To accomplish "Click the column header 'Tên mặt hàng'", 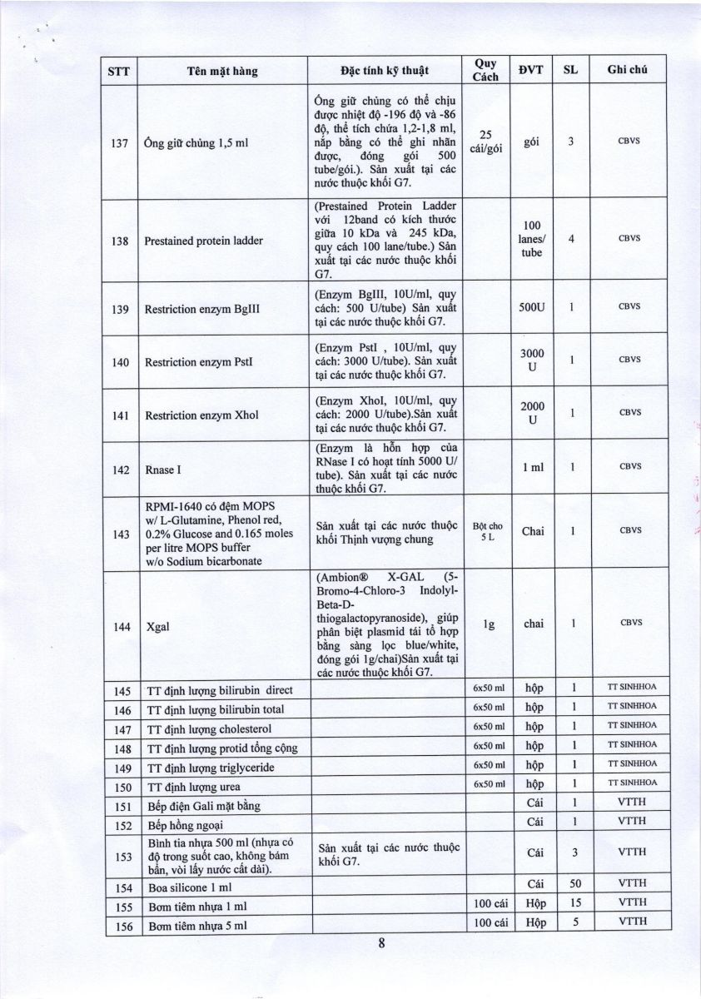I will (222, 71).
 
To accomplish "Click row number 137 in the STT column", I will (119, 142).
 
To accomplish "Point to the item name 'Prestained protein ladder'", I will (204, 241).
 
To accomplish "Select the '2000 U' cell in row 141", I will (532, 413).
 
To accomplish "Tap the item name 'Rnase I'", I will (163, 470).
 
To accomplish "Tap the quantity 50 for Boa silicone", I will (575, 883).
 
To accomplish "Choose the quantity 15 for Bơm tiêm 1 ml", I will (575, 903).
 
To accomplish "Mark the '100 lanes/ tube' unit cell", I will (531, 240).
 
